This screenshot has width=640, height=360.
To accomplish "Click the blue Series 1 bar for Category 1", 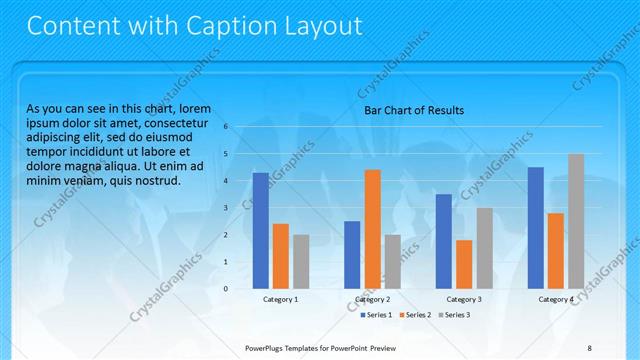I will (x=260, y=230).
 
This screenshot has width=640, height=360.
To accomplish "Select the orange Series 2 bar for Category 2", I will (x=372, y=229).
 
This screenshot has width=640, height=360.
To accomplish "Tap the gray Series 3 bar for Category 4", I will (x=576, y=221).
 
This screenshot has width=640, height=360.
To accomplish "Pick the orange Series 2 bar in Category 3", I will (x=464, y=264).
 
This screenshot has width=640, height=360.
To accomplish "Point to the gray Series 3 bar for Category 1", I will (x=301, y=261).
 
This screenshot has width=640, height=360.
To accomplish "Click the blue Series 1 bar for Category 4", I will (x=535, y=227).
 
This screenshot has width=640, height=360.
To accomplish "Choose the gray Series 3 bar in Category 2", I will (x=393, y=261).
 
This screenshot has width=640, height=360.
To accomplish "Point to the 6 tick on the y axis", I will (x=226, y=127).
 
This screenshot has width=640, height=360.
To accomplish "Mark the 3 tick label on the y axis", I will (x=226, y=208).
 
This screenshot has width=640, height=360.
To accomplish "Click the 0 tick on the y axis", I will (x=226, y=289).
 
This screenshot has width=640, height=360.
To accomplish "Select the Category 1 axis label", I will (x=281, y=299).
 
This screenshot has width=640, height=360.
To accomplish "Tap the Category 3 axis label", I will (x=463, y=299).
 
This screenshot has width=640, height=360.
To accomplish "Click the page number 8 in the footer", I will (x=588, y=347).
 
